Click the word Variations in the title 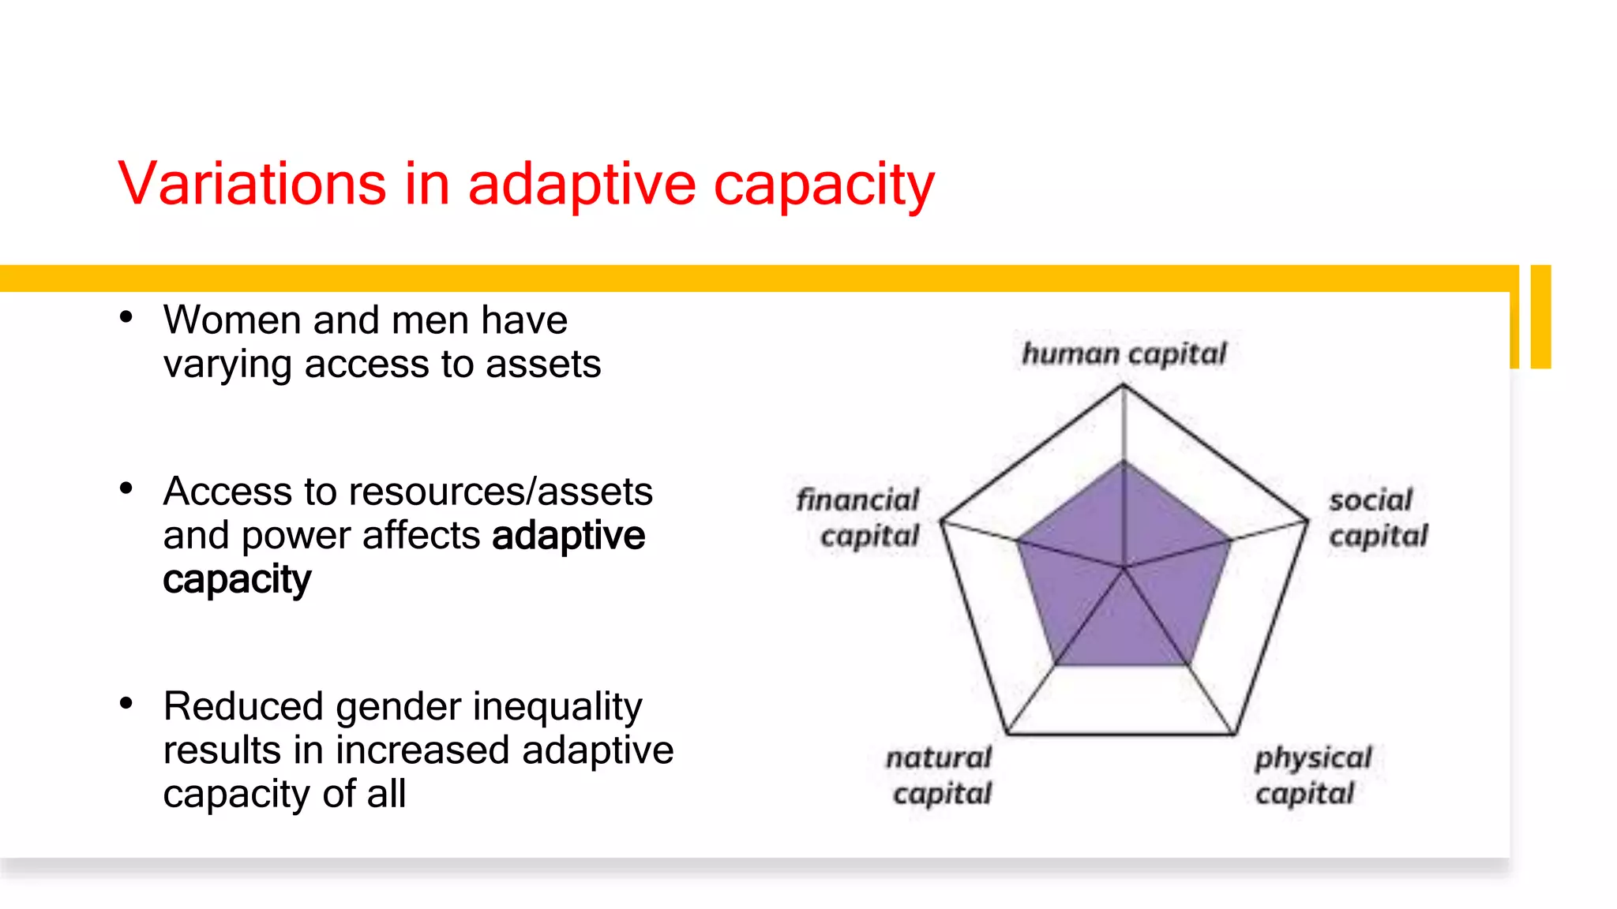click(252, 184)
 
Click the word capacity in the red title click(824, 186)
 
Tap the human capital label click(1124, 354)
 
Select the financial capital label click(858, 518)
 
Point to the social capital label click(1378, 518)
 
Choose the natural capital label click(939, 775)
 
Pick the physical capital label click(1312, 775)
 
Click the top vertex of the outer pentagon click(1124, 385)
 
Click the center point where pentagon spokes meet click(1124, 567)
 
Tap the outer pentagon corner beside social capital click(1307, 521)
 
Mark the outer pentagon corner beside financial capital click(941, 521)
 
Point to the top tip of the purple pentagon click(1124, 461)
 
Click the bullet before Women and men click(126, 318)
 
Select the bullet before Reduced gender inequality click(126, 703)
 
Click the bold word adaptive click(568, 535)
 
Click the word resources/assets click(501, 492)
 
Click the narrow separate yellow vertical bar click(1540, 316)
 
